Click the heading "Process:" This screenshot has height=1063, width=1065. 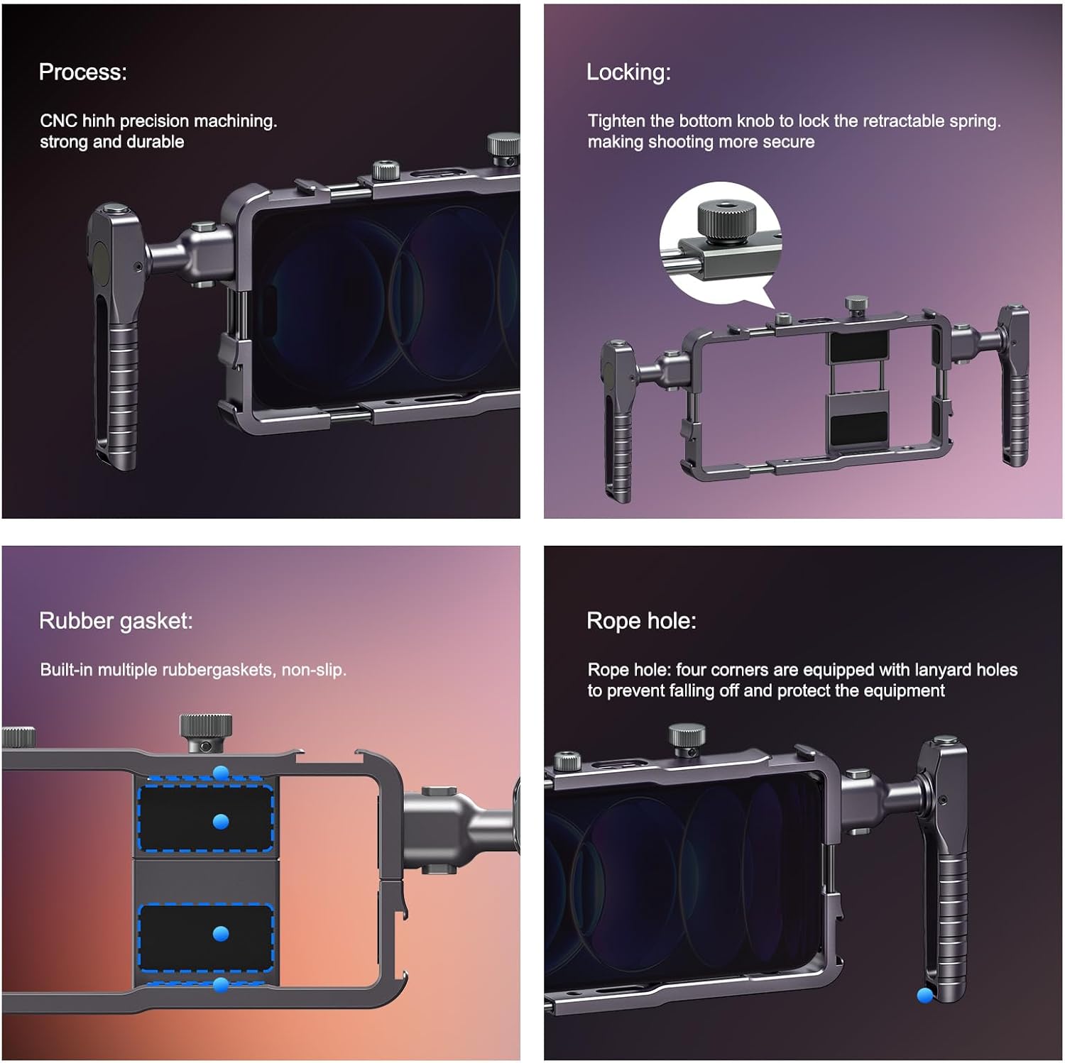(82, 72)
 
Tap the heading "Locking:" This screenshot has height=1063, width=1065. (628, 72)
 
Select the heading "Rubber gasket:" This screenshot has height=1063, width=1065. (116, 621)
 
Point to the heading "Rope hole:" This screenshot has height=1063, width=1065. (641, 621)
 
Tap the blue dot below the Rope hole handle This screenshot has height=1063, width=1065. (924, 996)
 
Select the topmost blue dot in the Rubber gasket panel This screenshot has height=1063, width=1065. (221, 773)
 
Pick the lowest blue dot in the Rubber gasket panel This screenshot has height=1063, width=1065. (221, 984)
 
